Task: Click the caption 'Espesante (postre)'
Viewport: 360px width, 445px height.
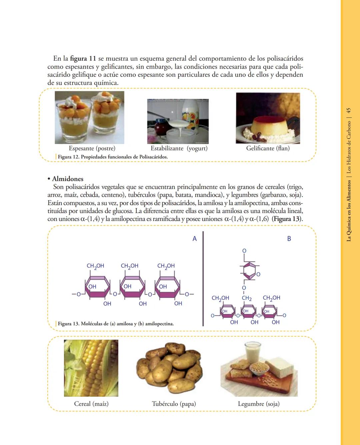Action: [92, 148]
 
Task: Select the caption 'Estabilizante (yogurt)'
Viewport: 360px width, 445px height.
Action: [179, 148]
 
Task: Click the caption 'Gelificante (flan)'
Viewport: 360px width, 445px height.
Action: [268, 148]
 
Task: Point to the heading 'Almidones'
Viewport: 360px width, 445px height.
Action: [68, 179]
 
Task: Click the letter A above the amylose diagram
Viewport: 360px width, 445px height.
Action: [195, 239]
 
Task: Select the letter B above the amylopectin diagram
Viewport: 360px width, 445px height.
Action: [289, 239]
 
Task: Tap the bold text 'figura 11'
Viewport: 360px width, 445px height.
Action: [83, 59]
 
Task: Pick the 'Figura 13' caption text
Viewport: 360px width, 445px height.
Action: [116, 324]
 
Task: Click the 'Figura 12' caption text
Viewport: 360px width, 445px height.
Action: [113, 157]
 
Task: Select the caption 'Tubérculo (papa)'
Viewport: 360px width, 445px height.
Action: [174, 404]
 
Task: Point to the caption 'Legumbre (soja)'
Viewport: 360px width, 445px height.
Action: [259, 404]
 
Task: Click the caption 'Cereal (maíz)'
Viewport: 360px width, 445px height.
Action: [91, 404]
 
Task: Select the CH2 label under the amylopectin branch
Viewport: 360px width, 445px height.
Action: [247, 298]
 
